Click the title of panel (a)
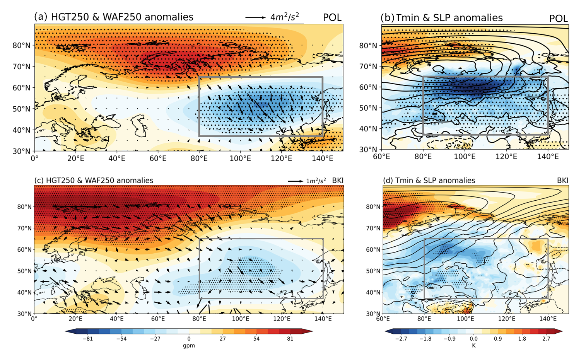[114, 17]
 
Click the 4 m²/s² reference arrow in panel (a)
[255, 17]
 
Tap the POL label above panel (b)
[558, 18]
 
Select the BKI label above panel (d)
[562, 181]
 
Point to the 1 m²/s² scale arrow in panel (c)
[296, 181]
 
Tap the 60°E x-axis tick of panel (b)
[381, 156]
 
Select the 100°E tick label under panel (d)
[465, 319]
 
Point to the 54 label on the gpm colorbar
[256, 339]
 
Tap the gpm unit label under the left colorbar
[189, 346]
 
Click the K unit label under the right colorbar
[474, 346]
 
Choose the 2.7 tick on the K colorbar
[546, 339]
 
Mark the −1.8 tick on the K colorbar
[425, 339]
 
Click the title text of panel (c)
[94, 181]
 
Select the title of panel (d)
[429, 181]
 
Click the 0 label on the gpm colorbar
[189, 339]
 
